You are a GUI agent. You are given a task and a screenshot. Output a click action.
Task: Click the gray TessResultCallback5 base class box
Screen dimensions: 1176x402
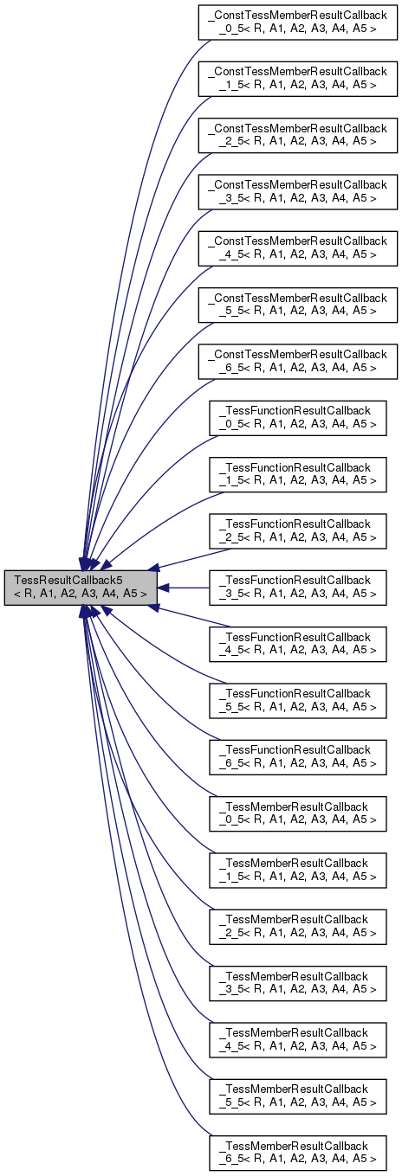pyautogui.click(x=81, y=588)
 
